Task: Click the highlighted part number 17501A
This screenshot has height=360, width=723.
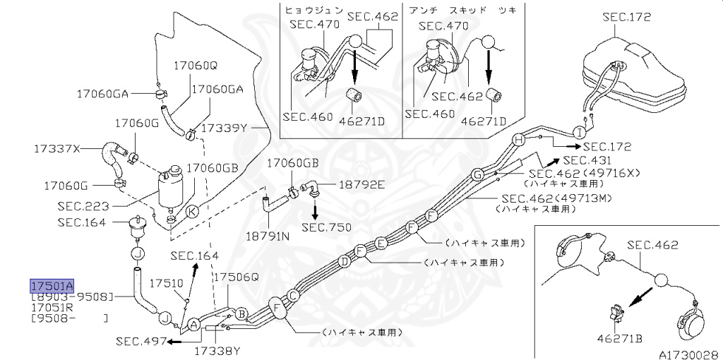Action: coord(52,286)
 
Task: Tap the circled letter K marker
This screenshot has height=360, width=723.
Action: coord(192,210)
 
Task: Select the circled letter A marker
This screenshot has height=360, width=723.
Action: coord(191,325)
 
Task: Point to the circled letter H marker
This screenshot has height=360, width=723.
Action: coord(518,140)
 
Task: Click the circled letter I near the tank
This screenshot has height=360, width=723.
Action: coord(579,132)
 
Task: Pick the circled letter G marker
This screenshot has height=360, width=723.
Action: coord(477,174)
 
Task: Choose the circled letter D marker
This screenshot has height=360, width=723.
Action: coord(345,262)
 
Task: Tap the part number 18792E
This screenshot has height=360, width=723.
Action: coord(362,185)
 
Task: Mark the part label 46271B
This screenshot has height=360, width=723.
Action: coord(619,339)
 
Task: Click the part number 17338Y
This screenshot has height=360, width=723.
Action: coord(217,350)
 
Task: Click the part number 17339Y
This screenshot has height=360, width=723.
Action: coord(225,128)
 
